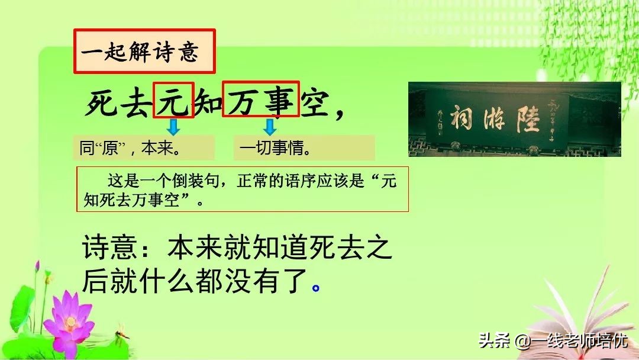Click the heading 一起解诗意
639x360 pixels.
pyautogui.click(x=144, y=52)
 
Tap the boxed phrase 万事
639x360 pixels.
pyautogui.click(x=260, y=100)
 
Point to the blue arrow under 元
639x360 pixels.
pyautogui.click(x=173, y=126)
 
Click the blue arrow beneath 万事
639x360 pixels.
pyautogui.click(x=270, y=126)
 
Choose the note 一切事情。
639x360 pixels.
pyautogui.click(x=304, y=147)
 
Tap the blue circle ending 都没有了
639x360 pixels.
pyautogui.click(x=316, y=288)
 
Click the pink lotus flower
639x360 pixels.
pyautogui.click(x=69, y=320)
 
